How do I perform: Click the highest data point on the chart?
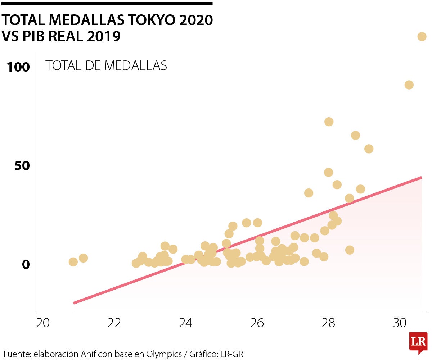pos(422,36)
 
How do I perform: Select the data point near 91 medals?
pos(409,85)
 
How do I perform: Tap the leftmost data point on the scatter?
pos(73,262)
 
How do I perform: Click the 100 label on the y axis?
pos(18,67)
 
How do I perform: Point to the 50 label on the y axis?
pos(22,166)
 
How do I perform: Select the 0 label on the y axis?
pos(26,265)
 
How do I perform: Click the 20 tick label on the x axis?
pos(43,323)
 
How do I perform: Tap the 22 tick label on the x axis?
pos(114,323)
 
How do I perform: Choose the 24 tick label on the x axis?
pos(186,323)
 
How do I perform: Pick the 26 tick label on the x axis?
pos(257,323)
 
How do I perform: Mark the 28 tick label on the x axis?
pos(329,323)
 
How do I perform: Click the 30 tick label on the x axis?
pos(400,323)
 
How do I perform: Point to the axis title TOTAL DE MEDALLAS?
pos(106,65)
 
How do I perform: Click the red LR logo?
pos(418,342)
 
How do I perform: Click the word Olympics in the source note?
pos(164,354)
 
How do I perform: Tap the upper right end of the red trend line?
pos(421,178)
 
